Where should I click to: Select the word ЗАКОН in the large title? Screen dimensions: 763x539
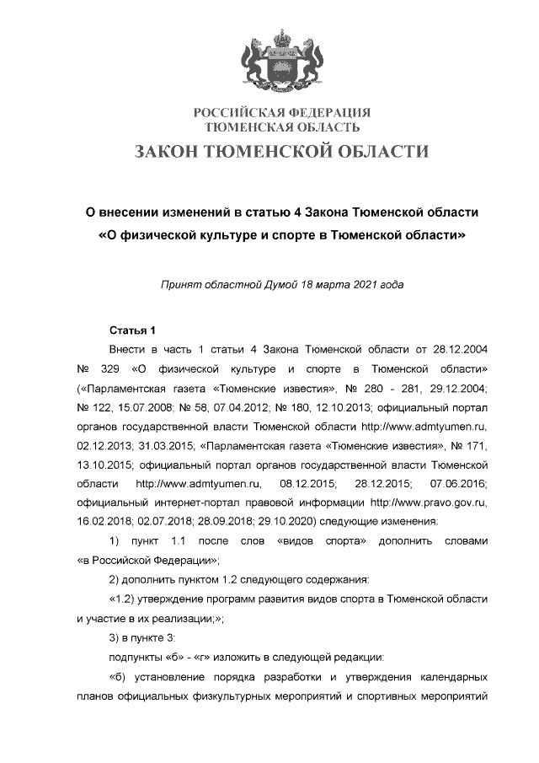(175, 152)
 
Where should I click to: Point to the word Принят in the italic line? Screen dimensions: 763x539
(179, 285)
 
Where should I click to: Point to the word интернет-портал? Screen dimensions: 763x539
(186, 502)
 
